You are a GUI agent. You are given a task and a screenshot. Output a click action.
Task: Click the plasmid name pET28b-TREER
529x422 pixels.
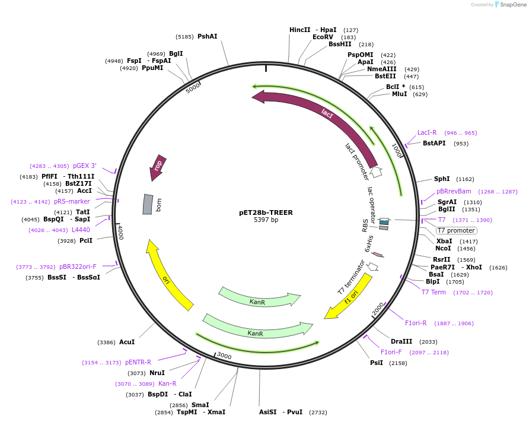[266, 212]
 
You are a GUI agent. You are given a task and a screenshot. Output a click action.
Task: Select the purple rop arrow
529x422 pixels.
[157, 168]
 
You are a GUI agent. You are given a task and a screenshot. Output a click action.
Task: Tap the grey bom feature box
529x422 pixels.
[148, 204]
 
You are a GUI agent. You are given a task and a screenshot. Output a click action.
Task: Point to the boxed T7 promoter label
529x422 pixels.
[456, 230]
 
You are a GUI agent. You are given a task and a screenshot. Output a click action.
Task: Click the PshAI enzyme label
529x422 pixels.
[207, 36]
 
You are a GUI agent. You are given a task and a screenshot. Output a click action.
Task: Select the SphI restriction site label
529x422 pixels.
[442, 179]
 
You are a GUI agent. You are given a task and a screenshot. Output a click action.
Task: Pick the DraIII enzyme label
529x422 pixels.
[401, 341]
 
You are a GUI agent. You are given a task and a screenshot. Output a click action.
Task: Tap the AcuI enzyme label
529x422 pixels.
[127, 342]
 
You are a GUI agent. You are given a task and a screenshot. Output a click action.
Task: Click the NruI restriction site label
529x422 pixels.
[157, 373]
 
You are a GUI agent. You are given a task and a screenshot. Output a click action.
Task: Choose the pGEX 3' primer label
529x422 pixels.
[85, 166]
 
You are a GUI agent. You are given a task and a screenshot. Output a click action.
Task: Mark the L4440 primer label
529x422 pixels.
[81, 230]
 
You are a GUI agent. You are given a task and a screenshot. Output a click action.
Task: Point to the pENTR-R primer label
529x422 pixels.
[138, 362]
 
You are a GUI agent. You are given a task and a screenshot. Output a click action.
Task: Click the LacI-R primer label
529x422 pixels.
[427, 132]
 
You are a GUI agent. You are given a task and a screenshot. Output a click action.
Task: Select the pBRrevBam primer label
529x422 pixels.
[454, 191]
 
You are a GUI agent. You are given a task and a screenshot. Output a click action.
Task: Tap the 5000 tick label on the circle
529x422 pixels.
[193, 88]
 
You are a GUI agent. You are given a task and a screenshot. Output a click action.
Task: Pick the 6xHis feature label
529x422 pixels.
[368, 243]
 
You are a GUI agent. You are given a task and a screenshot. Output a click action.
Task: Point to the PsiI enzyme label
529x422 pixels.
[377, 363]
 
